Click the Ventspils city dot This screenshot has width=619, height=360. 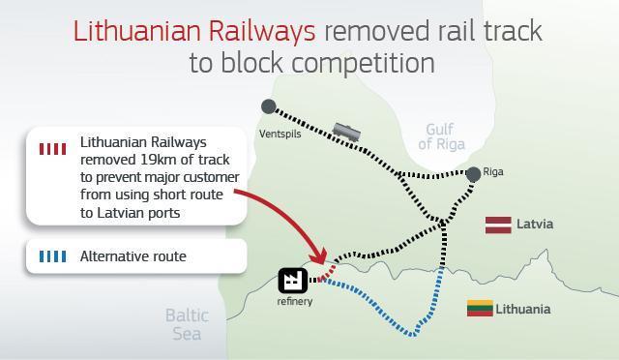[x=269, y=106]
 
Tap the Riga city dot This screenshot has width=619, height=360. [x=473, y=174]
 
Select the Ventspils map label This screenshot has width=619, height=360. [x=280, y=134]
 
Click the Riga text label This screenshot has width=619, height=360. [x=492, y=172]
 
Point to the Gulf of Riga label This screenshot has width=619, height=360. [x=441, y=136]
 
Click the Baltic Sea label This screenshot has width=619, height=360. [x=186, y=324]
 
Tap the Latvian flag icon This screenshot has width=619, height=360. [x=498, y=225]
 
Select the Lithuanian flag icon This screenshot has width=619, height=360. [x=480, y=309]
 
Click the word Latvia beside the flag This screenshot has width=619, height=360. [x=535, y=225]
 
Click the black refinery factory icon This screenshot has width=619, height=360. [x=293, y=281]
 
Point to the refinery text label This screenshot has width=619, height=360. [x=295, y=302]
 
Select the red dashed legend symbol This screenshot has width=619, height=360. [x=52, y=148]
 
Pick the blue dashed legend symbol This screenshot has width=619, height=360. [x=52, y=256]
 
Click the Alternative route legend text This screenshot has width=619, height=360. [x=133, y=256]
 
